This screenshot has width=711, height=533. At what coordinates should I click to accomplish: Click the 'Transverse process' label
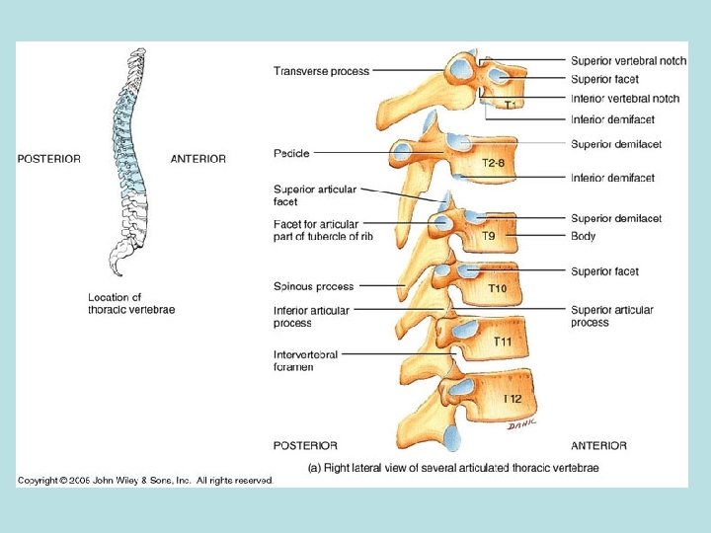(x=321, y=71)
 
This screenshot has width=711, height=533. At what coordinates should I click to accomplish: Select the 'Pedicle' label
(x=291, y=154)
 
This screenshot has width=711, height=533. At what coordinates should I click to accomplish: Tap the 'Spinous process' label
(x=313, y=287)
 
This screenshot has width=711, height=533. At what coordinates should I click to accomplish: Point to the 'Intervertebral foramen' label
(x=305, y=361)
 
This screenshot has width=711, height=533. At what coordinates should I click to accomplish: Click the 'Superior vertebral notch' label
(x=628, y=61)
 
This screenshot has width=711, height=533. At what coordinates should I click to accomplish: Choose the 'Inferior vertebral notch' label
(x=625, y=99)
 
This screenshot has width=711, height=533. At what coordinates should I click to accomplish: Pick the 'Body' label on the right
(x=583, y=237)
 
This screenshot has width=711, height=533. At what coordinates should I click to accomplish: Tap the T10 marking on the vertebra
(x=499, y=289)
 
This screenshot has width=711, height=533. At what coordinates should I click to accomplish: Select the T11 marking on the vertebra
(x=504, y=342)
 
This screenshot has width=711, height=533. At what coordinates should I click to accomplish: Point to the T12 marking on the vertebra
(x=513, y=399)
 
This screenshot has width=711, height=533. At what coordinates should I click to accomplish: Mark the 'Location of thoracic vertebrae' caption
(x=131, y=303)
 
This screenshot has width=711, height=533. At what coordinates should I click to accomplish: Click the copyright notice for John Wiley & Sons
(x=144, y=480)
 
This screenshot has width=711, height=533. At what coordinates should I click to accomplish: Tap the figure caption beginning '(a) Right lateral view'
(x=453, y=467)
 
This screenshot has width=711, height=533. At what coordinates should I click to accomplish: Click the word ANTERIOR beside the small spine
(x=197, y=159)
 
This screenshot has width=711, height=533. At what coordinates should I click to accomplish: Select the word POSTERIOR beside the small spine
(x=49, y=159)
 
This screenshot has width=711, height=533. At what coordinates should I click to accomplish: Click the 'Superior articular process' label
(x=611, y=316)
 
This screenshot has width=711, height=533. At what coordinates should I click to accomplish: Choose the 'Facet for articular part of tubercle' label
(x=323, y=230)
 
